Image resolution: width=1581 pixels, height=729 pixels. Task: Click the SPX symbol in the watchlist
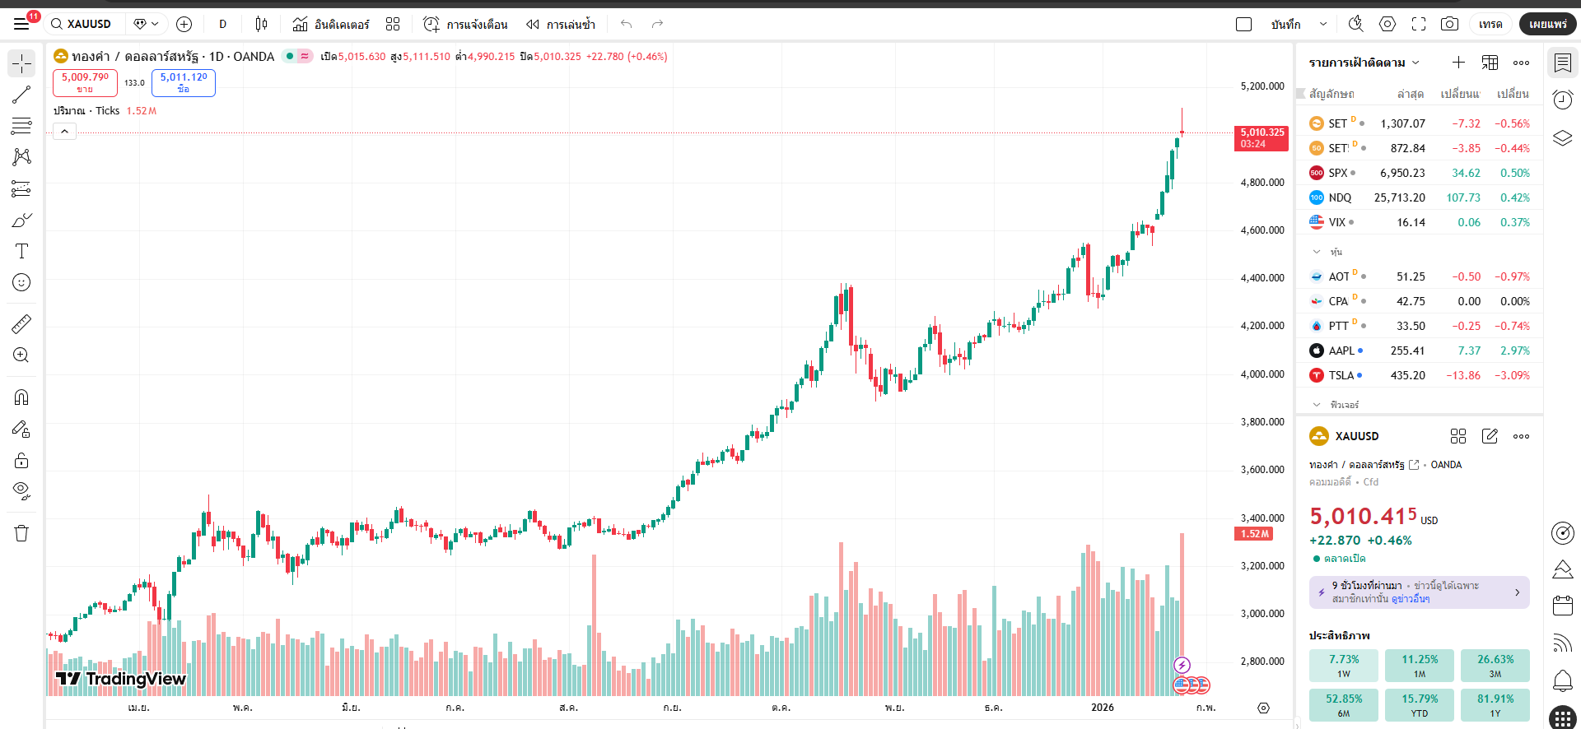click(x=1337, y=173)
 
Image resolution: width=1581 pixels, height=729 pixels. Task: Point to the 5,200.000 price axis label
click(x=1262, y=86)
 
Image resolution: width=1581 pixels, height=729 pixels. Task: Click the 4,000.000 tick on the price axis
click(x=1262, y=374)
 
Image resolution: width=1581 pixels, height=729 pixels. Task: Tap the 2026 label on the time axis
click(x=1102, y=708)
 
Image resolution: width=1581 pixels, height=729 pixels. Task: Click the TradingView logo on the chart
click(x=121, y=679)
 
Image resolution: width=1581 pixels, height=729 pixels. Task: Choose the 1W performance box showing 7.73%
click(x=1343, y=666)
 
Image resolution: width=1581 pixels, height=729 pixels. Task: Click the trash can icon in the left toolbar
click(x=21, y=533)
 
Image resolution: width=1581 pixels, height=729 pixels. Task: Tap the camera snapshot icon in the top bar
click(x=1449, y=24)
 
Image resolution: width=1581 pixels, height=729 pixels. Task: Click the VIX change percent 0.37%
click(x=1514, y=222)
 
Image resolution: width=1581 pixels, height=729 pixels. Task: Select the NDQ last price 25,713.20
click(x=1399, y=197)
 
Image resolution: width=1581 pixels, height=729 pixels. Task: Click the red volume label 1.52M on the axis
click(x=1255, y=534)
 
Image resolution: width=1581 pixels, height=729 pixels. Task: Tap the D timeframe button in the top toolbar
click(x=222, y=24)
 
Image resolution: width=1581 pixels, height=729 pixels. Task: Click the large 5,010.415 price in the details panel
click(x=1363, y=517)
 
